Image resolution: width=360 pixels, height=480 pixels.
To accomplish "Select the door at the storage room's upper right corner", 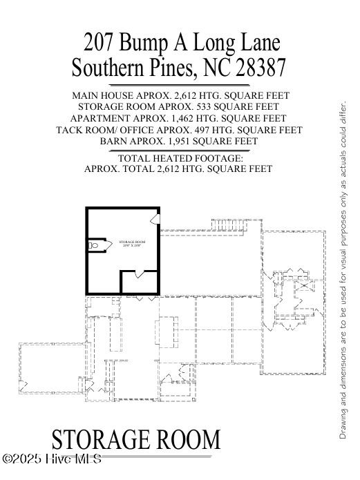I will (154, 219).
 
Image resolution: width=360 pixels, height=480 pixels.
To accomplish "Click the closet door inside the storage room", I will (140, 275).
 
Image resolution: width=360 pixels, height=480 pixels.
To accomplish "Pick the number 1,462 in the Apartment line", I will (186, 119).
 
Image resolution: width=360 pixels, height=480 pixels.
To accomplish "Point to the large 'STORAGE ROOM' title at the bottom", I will (136, 439).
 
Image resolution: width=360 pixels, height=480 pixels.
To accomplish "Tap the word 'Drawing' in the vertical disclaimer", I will (343, 422).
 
